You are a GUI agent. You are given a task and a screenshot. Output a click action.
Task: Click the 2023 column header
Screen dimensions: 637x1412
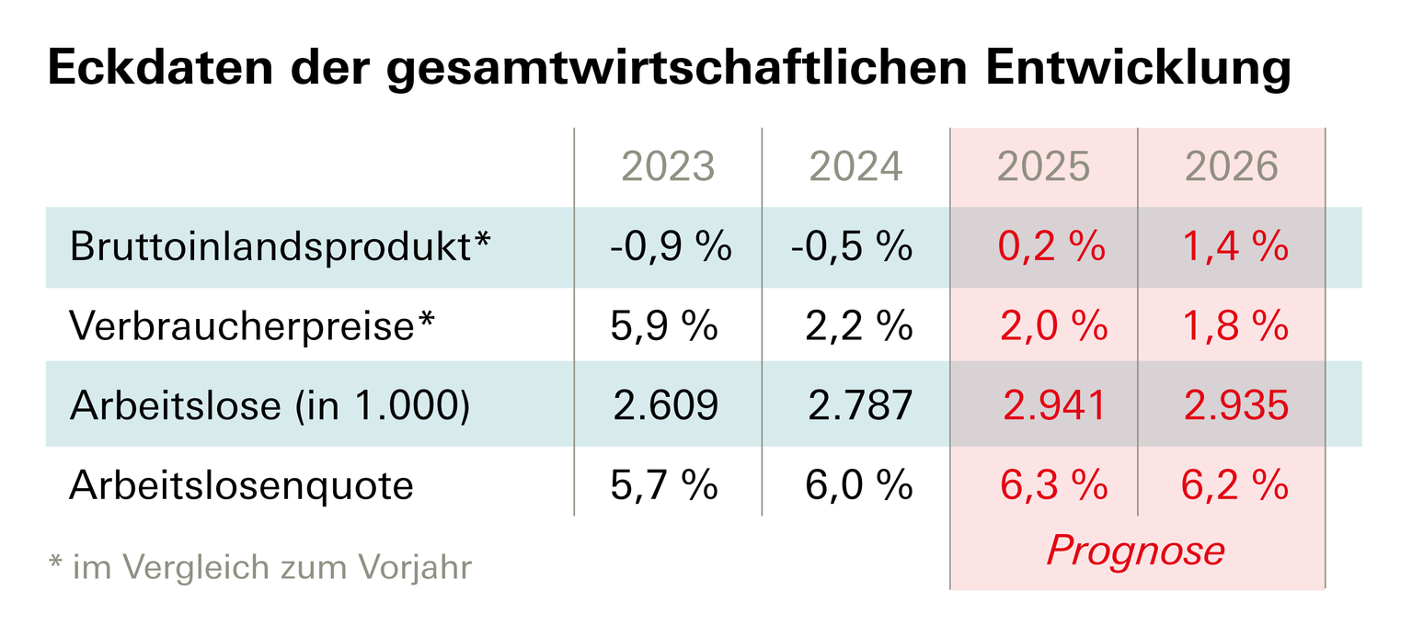[x=668, y=166]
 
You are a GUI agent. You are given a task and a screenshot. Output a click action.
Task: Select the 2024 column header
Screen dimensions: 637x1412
[x=855, y=166]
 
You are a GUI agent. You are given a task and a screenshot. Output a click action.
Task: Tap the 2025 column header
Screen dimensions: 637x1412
[x=1043, y=166]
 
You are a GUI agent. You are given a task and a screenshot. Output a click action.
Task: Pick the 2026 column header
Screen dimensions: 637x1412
[x=1232, y=166]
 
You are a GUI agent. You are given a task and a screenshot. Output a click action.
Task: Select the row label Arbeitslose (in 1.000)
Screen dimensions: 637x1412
[x=270, y=406]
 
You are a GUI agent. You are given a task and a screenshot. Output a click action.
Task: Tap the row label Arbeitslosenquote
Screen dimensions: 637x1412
[x=241, y=485]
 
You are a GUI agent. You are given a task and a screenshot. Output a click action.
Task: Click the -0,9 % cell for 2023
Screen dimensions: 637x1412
[x=670, y=248]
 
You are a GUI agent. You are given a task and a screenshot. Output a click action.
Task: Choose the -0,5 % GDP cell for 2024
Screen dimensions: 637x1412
[x=851, y=248]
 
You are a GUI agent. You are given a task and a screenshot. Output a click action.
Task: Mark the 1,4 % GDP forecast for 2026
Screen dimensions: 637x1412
[x=1235, y=248]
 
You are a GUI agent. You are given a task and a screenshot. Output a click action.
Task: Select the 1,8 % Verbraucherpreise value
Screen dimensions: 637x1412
[x=1235, y=327]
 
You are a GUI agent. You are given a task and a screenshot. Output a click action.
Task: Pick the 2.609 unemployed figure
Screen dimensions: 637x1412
[x=664, y=406]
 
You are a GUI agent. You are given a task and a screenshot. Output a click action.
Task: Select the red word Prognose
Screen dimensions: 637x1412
[x=1136, y=551]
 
